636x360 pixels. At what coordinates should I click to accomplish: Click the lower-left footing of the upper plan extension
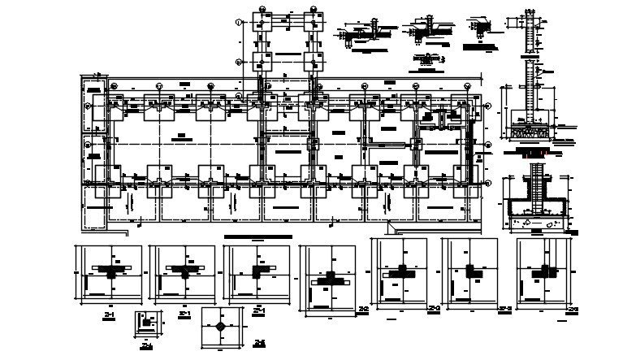(x=264, y=63)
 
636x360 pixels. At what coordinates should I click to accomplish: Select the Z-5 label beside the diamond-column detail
(x=259, y=344)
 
